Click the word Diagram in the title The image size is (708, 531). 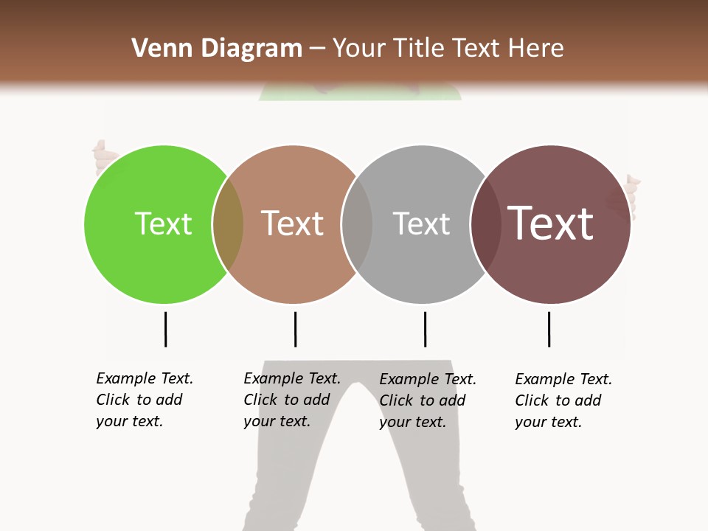[x=251, y=49]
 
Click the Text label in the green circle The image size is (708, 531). [x=163, y=223]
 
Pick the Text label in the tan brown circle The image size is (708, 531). [x=292, y=223]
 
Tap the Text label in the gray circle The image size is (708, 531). [x=420, y=223]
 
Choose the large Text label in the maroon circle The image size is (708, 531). [x=550, y=223]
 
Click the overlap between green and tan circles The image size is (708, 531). [x=228, y=224]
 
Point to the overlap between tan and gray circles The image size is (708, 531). [x=357, y=224]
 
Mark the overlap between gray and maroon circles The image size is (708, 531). [x=485, y=224]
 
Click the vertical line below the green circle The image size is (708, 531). [x=165, y=329]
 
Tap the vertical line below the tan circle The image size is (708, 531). [x=295, y=329]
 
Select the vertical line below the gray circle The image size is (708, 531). [x=425, y=329]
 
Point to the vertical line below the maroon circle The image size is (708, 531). [x=549, y=329]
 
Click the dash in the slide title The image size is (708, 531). [x=317, y=49]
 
